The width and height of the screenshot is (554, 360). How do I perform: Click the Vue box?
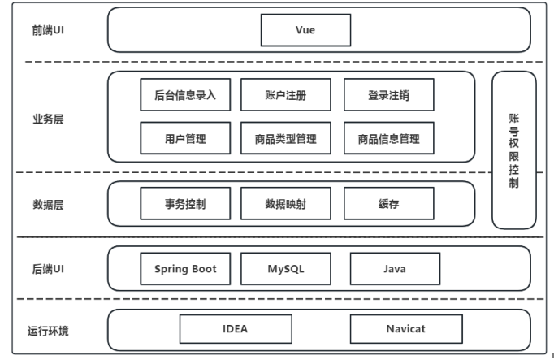point(305,30)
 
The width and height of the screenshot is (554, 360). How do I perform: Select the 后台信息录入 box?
point(185,95)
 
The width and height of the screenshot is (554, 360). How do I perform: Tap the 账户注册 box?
point(286,95)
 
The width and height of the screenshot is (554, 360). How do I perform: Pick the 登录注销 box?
point(388,95)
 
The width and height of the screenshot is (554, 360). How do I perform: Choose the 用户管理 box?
point(185,138)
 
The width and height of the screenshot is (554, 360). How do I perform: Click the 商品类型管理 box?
point(286,138)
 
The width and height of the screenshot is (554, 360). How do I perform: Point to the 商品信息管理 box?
point(388,138)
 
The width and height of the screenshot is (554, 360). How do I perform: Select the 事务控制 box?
point(185,203)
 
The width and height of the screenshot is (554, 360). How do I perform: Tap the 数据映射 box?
point(286,203)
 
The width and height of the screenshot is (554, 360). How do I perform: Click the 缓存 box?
point(388,203)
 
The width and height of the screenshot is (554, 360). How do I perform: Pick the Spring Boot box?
point(185,268)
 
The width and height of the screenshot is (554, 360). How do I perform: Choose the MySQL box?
point(286,268)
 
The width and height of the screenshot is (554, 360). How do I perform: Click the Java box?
point(395,268)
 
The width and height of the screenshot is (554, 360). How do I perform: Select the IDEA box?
point(236,329)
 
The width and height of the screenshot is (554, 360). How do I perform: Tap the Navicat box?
point(406,329)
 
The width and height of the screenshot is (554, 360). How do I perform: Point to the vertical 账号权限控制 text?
point(513,151)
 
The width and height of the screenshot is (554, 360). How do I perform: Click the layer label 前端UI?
point(48,30)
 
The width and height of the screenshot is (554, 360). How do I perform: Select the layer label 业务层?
point(48,119)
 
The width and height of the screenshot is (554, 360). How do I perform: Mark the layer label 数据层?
point(48,205)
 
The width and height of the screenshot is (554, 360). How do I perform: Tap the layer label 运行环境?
point(48,331)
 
